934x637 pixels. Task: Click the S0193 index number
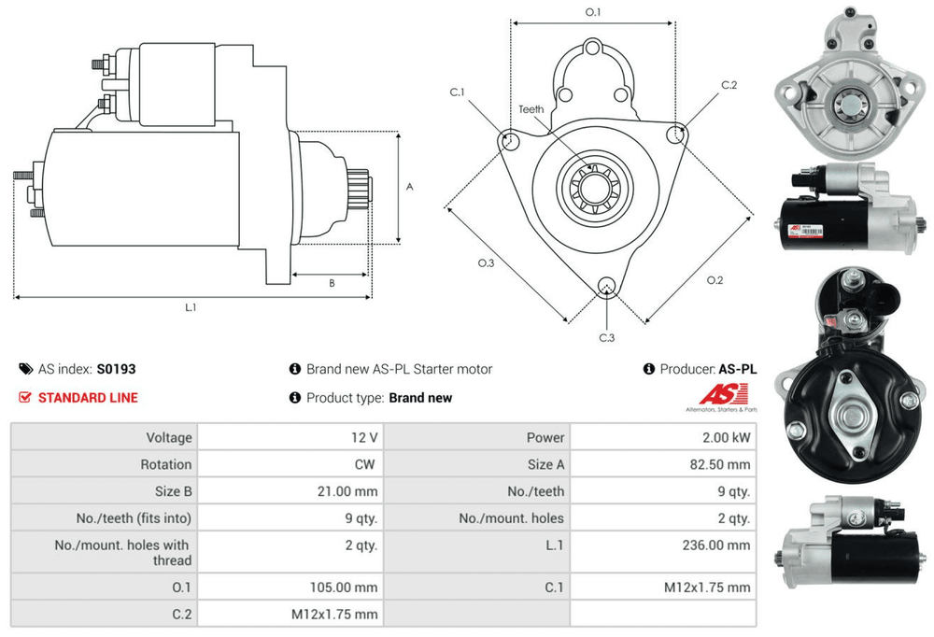[x=116, y=369]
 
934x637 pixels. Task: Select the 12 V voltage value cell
[x=365, y=437]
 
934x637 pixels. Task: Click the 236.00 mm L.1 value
[x=719, y=545]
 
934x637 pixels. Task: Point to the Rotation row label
[x=165, y=464]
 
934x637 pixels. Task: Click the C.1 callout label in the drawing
[x=457, y=92]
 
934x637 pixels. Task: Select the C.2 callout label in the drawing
[x=729, y=85]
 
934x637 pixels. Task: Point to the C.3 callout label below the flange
[x=606, y=337]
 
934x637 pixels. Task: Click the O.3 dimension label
[x=486, y=263]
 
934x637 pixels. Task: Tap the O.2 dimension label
[x=715, y=279]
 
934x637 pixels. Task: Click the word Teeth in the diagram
[x=531, y=110]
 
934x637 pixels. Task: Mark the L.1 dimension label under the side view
[x=191, y=306]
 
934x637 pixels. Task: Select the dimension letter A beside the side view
[x=409, y=187]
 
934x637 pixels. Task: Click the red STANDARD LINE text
[x=88, y=398]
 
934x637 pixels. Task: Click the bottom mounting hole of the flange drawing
[x=606, y=285]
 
